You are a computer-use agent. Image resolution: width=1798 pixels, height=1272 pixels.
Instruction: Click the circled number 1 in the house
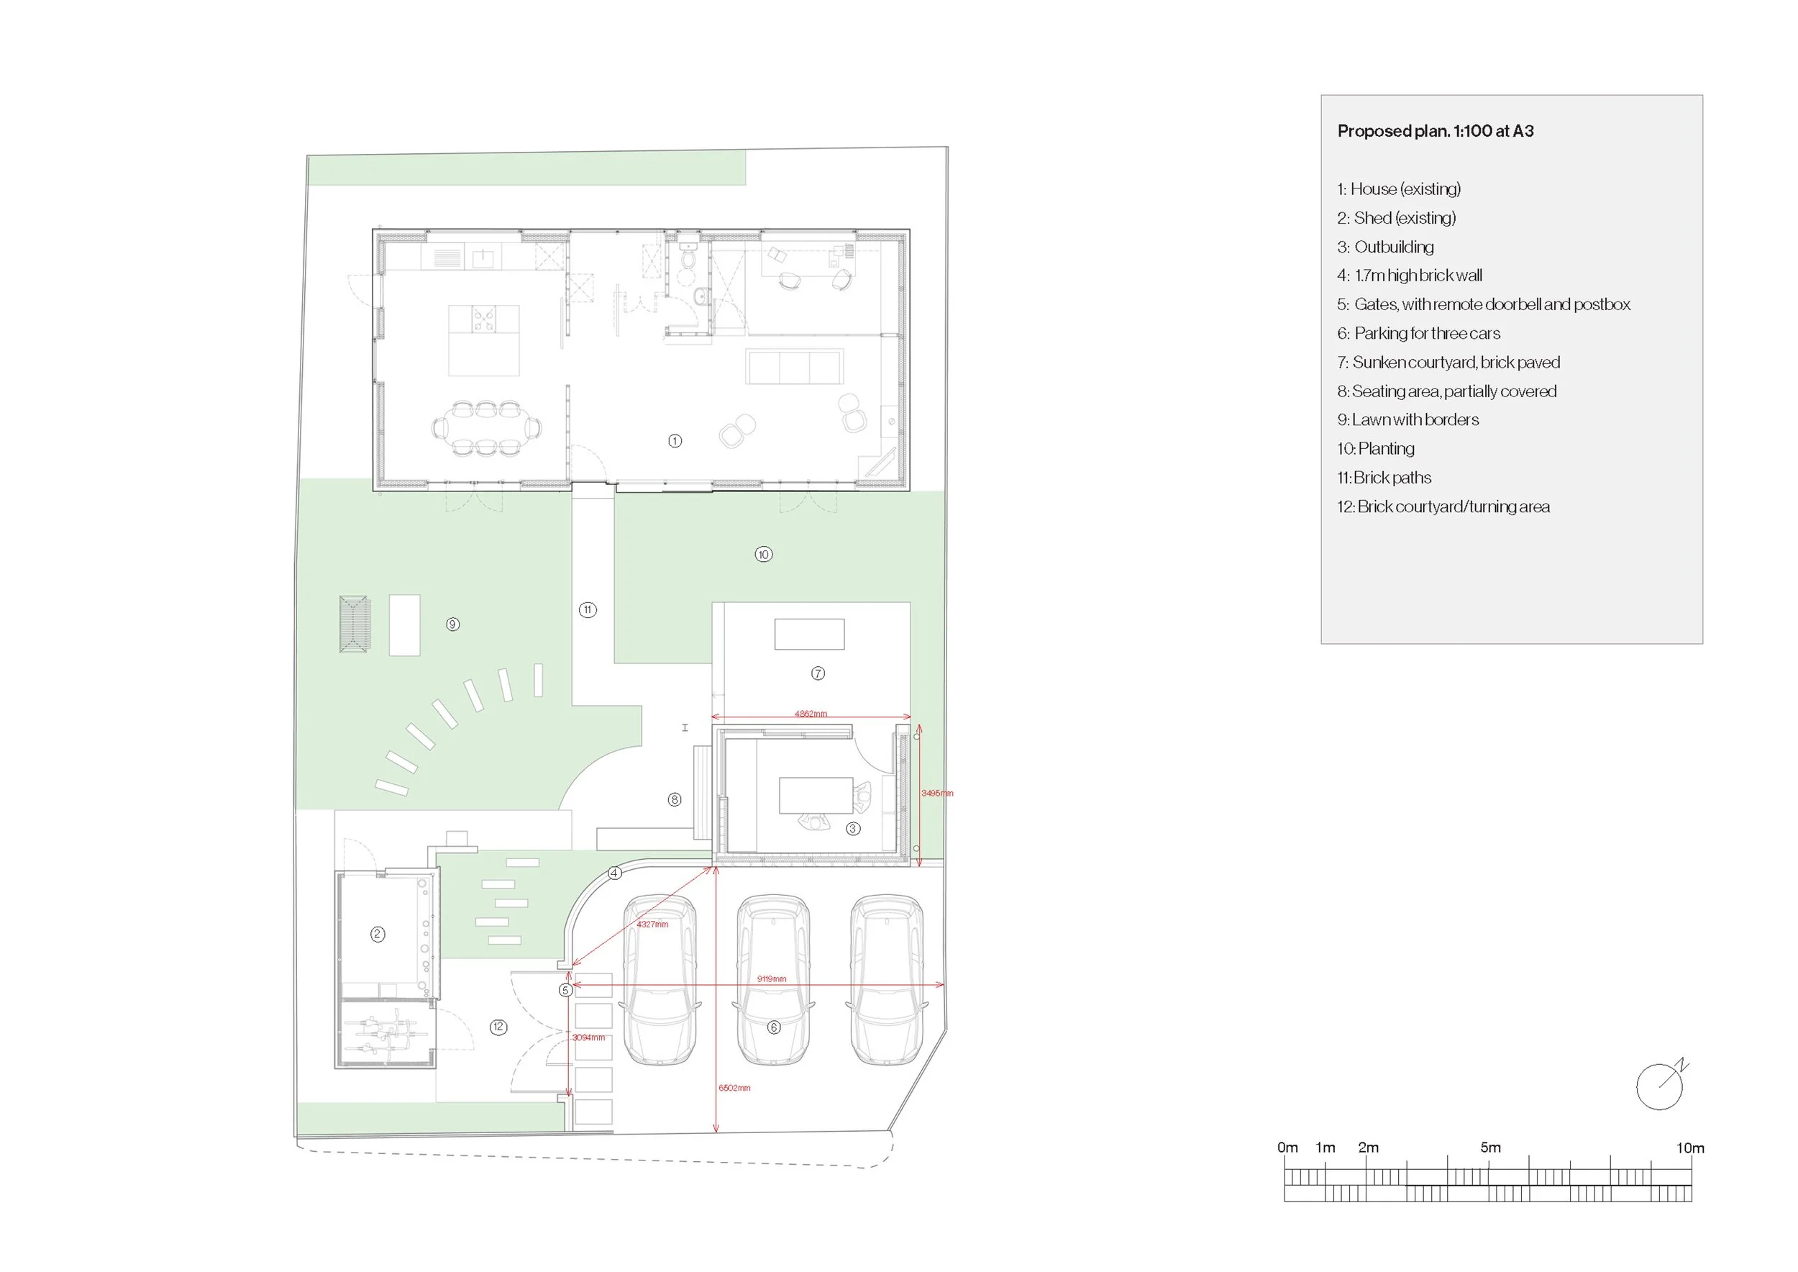pos(675,441)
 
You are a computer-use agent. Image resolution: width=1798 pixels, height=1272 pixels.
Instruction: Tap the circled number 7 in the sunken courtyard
pos(818,673)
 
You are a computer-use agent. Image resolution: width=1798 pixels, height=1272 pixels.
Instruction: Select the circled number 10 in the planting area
pos(764,555)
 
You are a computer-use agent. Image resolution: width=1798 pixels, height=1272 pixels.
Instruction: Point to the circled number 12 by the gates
pos(499,1027)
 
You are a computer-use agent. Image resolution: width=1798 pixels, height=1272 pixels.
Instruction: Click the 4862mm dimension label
pos(811,714)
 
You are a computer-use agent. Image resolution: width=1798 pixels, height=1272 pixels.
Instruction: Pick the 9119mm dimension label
pos(772,979)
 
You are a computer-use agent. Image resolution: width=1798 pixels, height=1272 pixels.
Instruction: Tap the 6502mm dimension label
pos(734,1088)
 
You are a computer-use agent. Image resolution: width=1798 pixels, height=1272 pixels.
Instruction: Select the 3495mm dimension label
pos(937,794)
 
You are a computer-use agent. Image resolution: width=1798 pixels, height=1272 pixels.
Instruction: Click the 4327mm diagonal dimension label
pos(652,925)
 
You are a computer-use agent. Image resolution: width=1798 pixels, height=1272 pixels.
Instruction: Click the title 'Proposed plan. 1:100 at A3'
pos(1436,131)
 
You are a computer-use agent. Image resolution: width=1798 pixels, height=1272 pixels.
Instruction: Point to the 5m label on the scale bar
pos(1490,1148)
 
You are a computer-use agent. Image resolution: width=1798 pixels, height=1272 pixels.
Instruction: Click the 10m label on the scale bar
pos(1690,1148)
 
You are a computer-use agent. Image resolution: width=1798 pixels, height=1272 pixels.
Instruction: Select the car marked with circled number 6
pos(774,981)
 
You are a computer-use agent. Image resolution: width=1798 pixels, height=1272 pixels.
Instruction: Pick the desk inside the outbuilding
pos(815,795)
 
